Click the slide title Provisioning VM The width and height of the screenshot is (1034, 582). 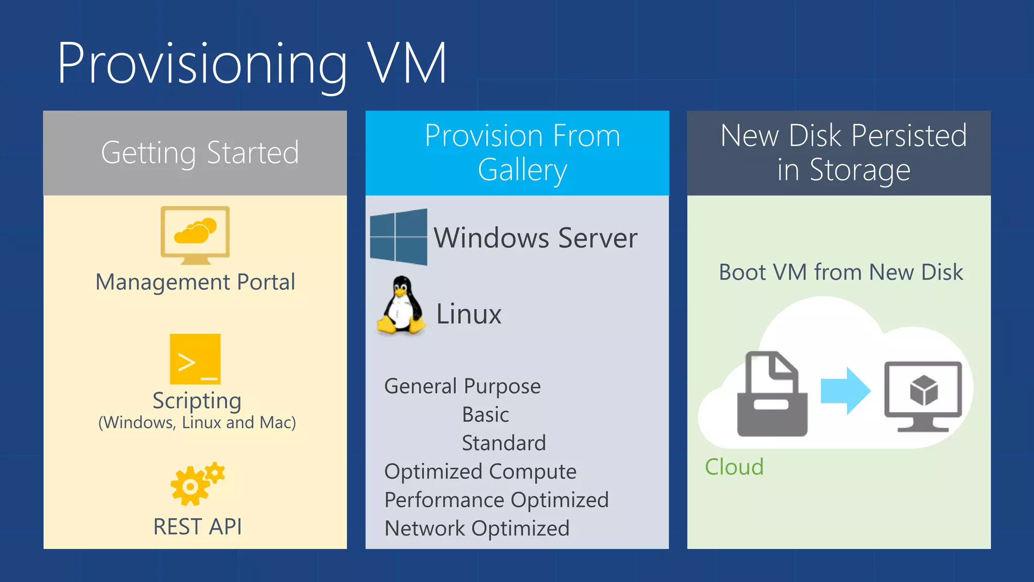[x=251, y=64]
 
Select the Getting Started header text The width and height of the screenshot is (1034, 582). [x=200, y=153]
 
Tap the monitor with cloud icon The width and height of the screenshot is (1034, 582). [x=195, y=234]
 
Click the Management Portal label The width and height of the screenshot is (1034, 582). [x=195, y=282]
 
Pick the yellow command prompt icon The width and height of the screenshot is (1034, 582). [x=195, y=359]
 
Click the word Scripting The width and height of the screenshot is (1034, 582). [x=197, y=401]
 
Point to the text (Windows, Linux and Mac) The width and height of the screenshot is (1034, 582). [x=197, y=422]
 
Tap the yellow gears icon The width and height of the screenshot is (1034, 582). [x=196, y=484]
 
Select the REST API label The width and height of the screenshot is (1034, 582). [x=197, y=526]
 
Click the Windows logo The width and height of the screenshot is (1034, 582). [x=399, y=237]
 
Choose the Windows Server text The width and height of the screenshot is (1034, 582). [x=535, y=238]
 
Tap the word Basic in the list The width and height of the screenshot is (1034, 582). [x=485, y=415]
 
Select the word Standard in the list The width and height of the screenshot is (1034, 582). [x=503, y=443]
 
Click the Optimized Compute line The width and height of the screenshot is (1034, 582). [x=480, y=471]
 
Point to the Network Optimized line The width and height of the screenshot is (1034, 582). [x=477, y=528]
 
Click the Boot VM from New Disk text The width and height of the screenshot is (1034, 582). [x=841, y=272]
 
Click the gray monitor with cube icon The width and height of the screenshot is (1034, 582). [x=923, y=396]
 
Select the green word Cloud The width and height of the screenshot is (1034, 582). [x=734, y=467]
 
